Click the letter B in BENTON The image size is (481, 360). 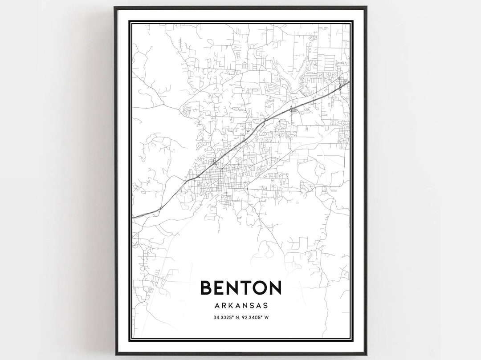coord(207,287)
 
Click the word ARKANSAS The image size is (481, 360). coord(241,305)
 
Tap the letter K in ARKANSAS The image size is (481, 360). coord(231,305)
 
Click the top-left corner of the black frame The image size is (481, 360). coord(115,8)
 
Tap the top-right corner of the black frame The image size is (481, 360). coord(366,8)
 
